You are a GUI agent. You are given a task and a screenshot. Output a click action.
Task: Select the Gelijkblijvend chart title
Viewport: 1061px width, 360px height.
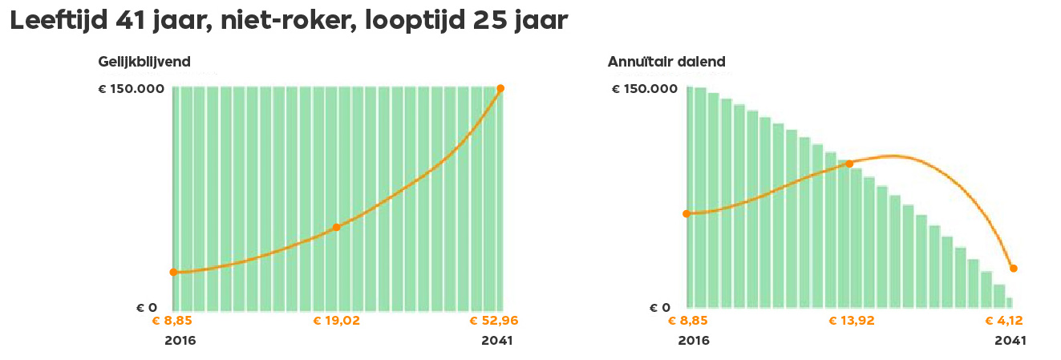(x=144, y=62)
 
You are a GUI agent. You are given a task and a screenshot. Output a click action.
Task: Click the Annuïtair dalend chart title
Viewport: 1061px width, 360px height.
(x=666, y=62)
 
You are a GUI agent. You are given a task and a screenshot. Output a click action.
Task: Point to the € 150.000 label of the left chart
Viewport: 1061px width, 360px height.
(x=131, y=89)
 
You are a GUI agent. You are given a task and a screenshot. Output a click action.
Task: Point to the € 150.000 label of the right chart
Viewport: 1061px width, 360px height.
(x=645, y=89)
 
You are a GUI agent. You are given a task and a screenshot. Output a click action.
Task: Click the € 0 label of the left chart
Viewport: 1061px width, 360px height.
(x=145, y=308)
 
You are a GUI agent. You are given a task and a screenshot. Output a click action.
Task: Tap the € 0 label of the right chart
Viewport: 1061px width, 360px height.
(x=660, y=308)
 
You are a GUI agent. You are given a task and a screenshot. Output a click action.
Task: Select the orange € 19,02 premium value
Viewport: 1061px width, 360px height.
(x=336, y=322)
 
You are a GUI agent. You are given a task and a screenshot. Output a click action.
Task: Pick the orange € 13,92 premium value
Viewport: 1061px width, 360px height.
(x=851, y=322)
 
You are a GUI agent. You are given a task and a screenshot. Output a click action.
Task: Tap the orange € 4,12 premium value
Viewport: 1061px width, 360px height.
(x=1004, y=322)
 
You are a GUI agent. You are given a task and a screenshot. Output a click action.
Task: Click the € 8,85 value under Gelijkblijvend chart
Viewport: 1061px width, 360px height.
(x=172, y=322)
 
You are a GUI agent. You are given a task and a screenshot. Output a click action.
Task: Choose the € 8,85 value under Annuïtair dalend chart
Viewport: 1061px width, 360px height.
(x=687, y=322)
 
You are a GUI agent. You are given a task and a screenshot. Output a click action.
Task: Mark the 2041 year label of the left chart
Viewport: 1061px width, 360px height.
(x=497, y=341)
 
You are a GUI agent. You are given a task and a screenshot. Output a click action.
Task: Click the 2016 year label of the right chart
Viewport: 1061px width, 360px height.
(x=694, y=341)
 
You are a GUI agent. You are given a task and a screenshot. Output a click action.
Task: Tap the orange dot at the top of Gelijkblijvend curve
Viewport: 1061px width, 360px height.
(x=500, y=88)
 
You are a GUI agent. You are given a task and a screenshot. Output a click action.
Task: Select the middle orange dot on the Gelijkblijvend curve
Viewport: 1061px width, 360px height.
(x=336, y=228)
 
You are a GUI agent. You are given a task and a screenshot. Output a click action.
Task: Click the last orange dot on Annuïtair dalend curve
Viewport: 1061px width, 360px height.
(x=1014, y=269)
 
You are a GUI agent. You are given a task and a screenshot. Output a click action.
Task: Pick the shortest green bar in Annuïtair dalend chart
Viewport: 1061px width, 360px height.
(x=1010, y=302)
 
